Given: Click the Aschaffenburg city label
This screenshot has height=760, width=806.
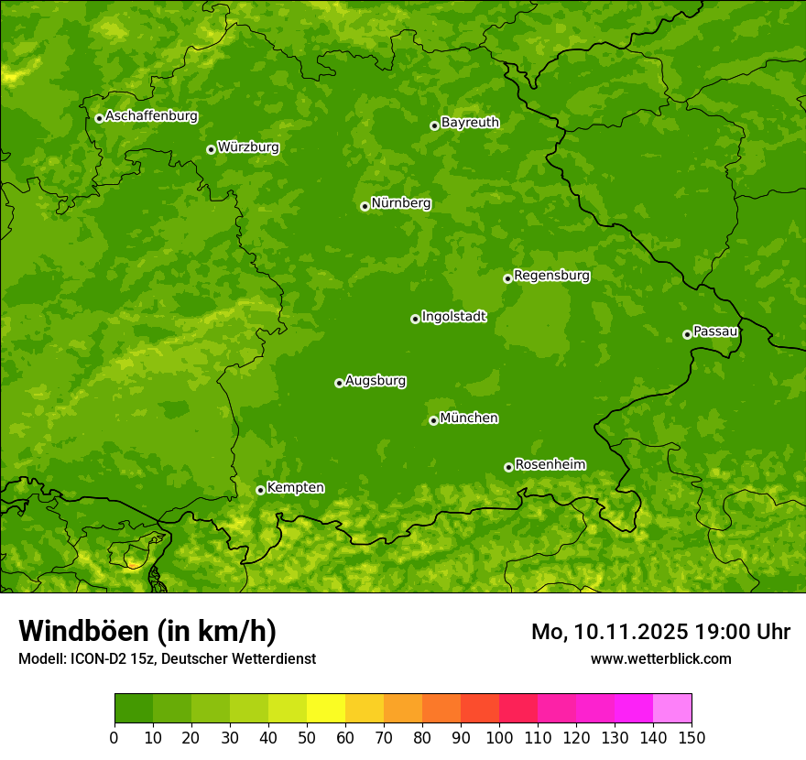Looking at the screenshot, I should click(x=151, y=116).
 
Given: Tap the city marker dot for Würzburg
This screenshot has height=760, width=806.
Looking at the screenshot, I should click(x=211, y=149).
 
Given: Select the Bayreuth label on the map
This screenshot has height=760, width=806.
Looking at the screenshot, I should click(x=470, y=123).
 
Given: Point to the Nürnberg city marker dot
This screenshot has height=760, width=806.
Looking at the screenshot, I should click(x=365, y=206).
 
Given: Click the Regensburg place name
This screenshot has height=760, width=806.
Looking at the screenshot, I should click(x=551, y=276).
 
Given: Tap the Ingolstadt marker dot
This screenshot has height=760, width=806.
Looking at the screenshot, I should click(x=415, y=319).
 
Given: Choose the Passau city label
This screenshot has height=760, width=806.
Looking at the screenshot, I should click(x=715, y=331).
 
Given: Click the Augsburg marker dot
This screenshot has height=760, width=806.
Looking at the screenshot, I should click(x=339, y=383).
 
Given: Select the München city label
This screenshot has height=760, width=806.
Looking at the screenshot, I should click(x=469, y=418).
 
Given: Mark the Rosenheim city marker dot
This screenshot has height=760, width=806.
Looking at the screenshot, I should click(x=508, y=467).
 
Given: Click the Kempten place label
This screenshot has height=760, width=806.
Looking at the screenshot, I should click(x=295, y=488).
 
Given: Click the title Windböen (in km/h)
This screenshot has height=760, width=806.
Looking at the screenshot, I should click(x=147, y=631).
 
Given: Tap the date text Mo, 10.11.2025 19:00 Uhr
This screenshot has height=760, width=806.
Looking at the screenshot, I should click(x=660, y=632).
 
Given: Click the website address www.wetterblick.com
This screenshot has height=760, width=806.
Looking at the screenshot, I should click(x=660, y=658).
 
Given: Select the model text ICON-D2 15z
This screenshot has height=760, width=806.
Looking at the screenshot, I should click(x=103, y=658).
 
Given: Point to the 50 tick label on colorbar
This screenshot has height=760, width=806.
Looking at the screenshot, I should click(x=307, y=737).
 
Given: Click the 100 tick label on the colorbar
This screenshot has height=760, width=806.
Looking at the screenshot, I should click(x=499, y=737).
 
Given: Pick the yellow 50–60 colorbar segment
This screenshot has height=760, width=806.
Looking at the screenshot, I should click(x=326, y=709).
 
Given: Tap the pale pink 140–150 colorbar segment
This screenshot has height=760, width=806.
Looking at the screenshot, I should click(x=672, y=709).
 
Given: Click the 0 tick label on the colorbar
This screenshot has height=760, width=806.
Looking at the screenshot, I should click(x=114, y=737).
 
